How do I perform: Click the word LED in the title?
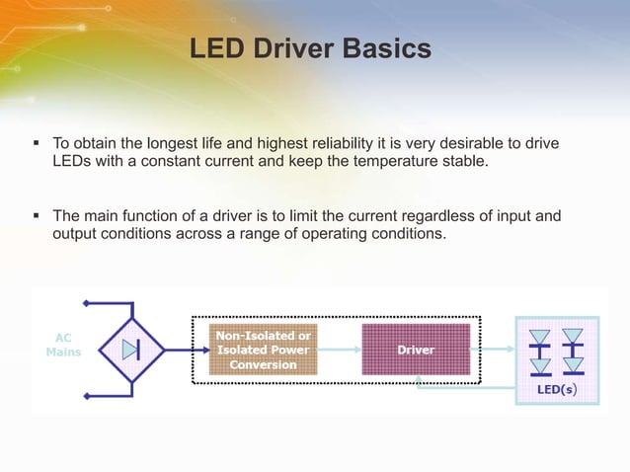pos(215,48)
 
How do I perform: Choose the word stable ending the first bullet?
pos(464,162)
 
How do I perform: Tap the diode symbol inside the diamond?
pos(131,350)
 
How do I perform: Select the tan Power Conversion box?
pos(263,350)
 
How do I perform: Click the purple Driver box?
pos(415,350)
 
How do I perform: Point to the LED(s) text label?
pos(557,390)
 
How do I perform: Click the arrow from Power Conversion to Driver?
pos(340,350)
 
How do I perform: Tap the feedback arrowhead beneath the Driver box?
pos(420,384)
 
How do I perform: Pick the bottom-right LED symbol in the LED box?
pos(573,365)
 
